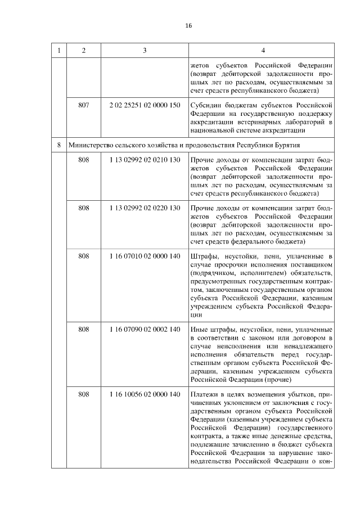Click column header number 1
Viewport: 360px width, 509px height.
point(58,51)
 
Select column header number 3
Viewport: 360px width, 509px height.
point(145,51)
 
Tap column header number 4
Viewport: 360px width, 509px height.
point(263,51)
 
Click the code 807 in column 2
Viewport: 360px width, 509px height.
point(84,105)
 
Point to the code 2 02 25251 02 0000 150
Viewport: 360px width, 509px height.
point(145,105)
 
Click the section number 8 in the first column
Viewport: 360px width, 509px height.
point(58,145)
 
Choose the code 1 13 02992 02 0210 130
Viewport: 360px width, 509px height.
point(145,160)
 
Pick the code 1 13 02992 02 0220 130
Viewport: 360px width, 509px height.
point(145,208)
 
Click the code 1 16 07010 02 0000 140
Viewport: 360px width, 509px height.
point(145,256)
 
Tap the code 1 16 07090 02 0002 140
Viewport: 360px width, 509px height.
point(145,329)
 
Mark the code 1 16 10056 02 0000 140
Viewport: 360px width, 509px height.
point(145,394)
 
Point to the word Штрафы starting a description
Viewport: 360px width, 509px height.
point(204,256)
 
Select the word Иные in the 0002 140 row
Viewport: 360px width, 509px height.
point(200,329)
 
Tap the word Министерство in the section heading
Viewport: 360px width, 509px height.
point(91,145)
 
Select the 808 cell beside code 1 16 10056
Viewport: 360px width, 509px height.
point(84,394)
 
